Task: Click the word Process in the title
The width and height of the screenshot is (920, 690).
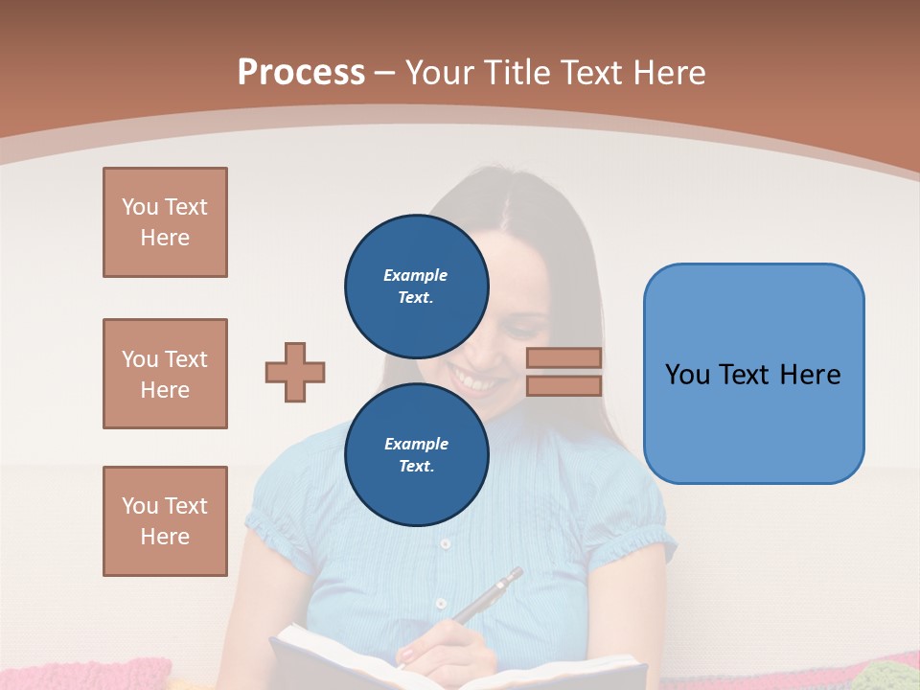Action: [x=301, y=73]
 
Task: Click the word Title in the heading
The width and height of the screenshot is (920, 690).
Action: [x=514, y=73]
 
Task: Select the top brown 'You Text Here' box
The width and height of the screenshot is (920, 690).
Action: [x=165, y=222]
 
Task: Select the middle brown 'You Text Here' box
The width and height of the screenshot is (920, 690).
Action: [x=165, y=374]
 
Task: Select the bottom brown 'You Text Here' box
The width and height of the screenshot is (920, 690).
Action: [x=165, y=521]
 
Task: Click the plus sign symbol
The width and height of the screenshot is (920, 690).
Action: [x=295, y=372]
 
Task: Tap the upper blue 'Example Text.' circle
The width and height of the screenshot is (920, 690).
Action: [x=416, y=287]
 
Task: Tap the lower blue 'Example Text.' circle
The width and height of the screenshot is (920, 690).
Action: [x=416, y=455]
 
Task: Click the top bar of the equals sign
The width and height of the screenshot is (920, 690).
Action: [x=563, y=357]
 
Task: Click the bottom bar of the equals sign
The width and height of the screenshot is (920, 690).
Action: [x=563, y=385]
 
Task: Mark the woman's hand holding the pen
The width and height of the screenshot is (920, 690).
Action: [x=450, y=647]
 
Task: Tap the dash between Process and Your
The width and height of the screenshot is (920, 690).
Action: [x=384, y=73]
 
